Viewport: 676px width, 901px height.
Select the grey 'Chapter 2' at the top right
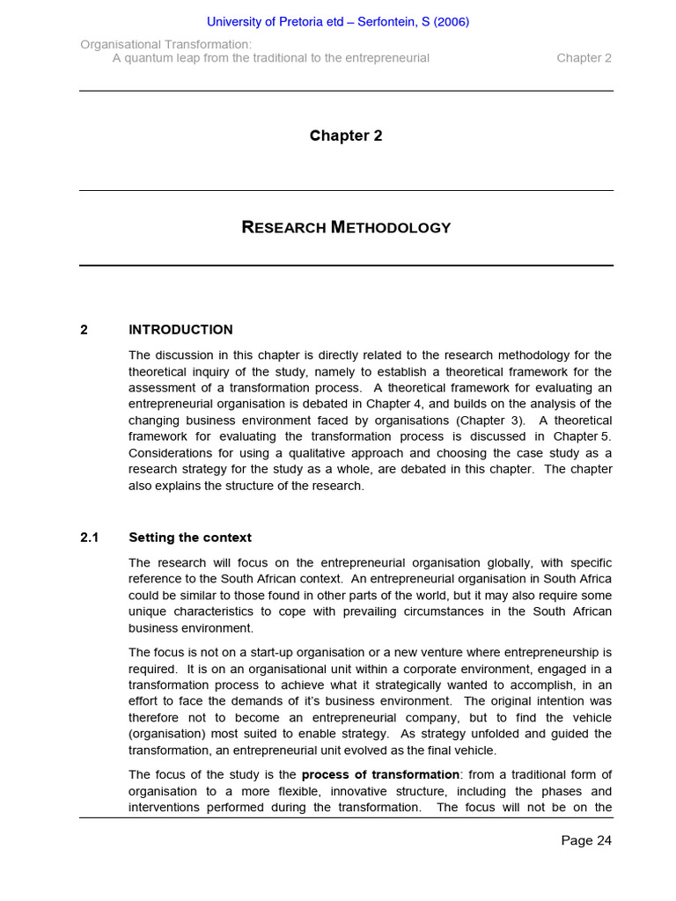pyautogui.click(x=584, y=58)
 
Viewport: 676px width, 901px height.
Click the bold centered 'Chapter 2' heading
pyautogui.click(x=346, y=136)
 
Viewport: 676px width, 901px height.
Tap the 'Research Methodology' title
pyautogui.click(x=346, y=227)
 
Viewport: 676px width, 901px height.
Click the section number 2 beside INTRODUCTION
pyautogui.click(x=84, y=330)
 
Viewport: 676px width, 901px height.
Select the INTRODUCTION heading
pyautogui.click(x=180, y=330)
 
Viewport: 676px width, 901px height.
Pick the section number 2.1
pyautogui.click(x=90, y=538)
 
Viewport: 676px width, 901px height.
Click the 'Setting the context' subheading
pyautogui.click(x=190, y=538)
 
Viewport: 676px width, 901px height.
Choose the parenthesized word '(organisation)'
pyautogui.click(x=170, y=735)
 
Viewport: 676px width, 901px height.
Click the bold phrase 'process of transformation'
pyautogui.click(x=380, y=775)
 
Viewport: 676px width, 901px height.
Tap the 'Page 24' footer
pyautogui.click(x=586, y=840)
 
